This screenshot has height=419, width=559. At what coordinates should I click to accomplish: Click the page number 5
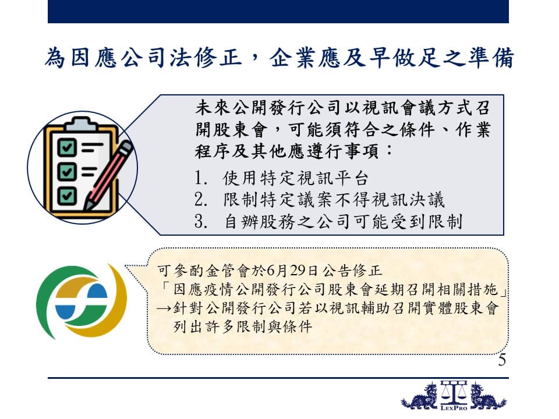coord(502,360)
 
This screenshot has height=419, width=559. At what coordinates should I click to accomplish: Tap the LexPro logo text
coord(454,407)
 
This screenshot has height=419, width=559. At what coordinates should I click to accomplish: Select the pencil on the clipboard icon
coord(108,175)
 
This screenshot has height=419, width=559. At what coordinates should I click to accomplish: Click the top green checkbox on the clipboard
coord(67,147)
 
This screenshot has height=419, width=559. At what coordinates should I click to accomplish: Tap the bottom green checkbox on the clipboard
coord(67,196)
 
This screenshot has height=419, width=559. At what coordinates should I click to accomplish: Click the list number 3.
coord(201,221)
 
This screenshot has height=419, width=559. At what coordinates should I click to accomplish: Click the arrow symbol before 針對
coord(164,308)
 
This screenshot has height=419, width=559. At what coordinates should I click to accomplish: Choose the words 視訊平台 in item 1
coord(332,178)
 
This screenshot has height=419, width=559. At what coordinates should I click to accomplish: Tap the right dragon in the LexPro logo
coord(488,396)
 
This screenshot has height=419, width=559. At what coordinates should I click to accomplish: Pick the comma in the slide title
coord(255,63)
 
